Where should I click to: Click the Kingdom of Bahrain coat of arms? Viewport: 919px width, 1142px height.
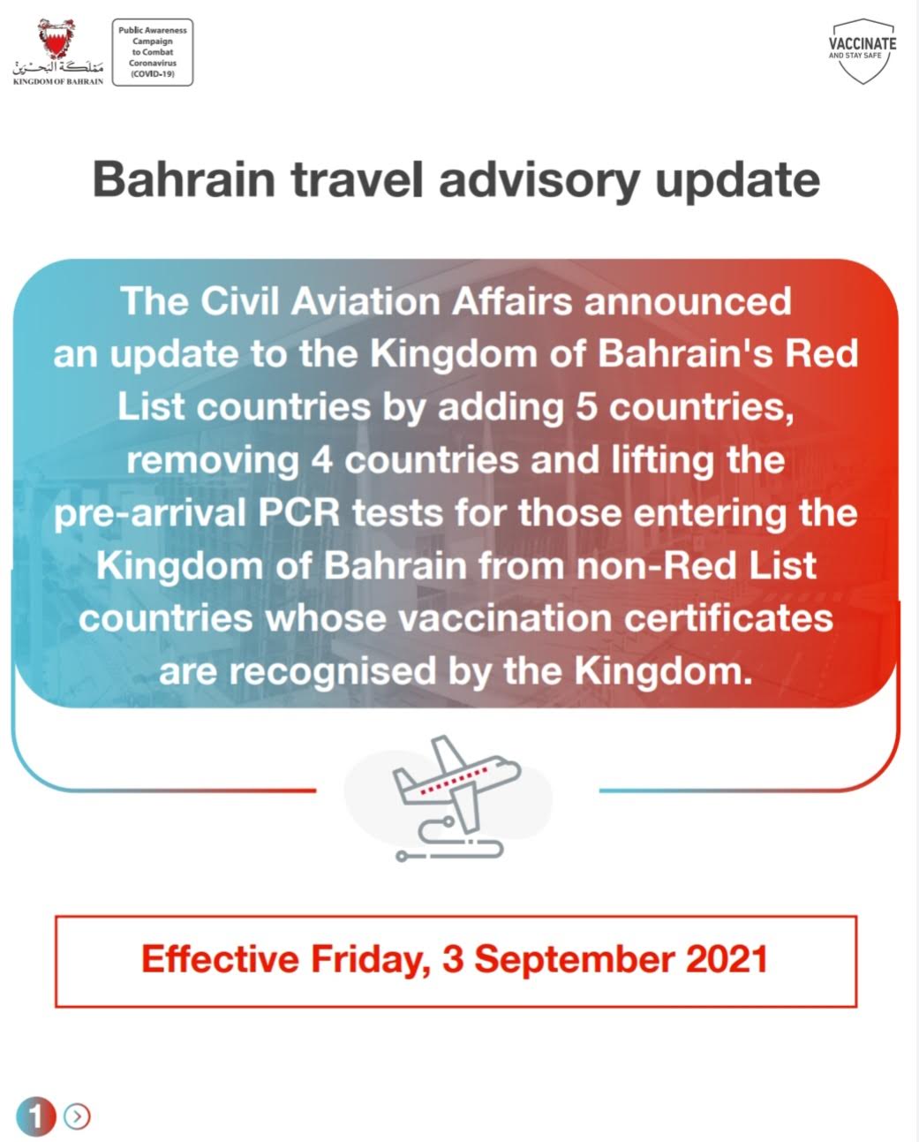pos(56,39)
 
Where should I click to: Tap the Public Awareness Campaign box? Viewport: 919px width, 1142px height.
pos(153,52)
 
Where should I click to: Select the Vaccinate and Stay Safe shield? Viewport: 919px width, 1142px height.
pos(863,50)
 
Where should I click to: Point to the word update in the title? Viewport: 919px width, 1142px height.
pos(737,180)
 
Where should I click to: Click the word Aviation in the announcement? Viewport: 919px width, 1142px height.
pos(365,301)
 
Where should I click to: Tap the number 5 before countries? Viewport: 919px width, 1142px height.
pos(586,407)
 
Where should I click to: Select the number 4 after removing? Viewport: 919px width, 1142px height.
pos(321,460)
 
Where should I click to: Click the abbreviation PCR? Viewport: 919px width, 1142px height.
pos(298,513)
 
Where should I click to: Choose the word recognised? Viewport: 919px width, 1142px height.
pos(333,672)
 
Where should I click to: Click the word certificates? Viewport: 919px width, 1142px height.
pos(728,619)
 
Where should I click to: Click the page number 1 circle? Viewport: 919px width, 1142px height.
pos(36,1116)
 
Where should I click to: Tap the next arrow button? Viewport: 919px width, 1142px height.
pos(77,1116)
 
